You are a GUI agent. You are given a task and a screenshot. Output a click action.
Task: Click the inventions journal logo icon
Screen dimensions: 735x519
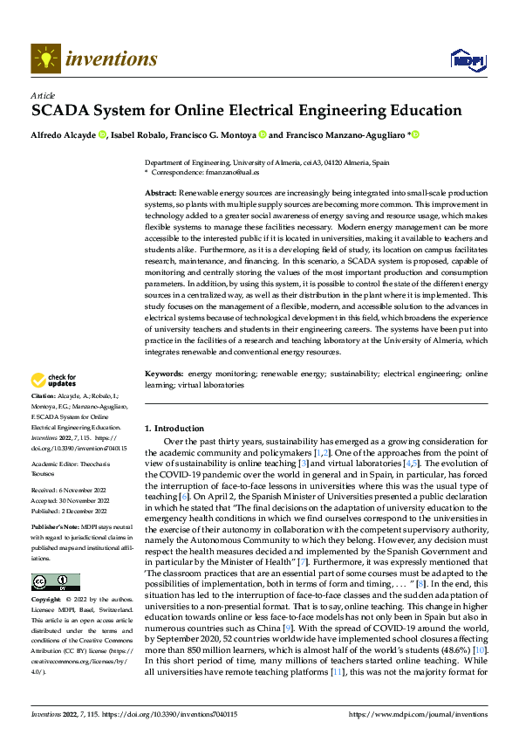click(x=45, y=58)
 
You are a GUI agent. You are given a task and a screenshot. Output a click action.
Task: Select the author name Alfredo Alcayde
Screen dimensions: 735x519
click(x=63, y=135)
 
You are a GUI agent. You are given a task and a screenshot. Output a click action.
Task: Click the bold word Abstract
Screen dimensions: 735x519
click(x=160, y=190)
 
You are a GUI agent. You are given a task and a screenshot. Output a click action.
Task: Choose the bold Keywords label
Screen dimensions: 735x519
click(x=164, y=398)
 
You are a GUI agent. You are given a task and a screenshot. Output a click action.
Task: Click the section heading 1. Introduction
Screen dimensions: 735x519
click(x=174, y=429)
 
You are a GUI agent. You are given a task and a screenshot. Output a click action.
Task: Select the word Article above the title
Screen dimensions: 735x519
click(x=43, y=95)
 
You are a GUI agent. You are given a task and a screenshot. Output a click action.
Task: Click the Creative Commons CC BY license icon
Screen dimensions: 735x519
click(x=55, y=582)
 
